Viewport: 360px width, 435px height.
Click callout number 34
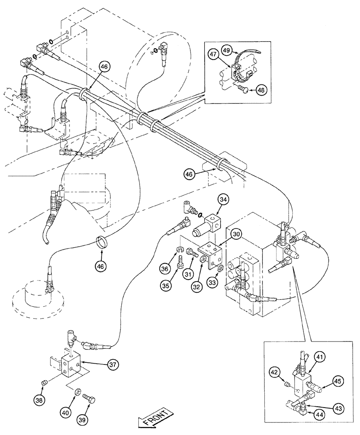click(223, 200)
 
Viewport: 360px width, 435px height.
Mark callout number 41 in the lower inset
click(320, 357)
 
